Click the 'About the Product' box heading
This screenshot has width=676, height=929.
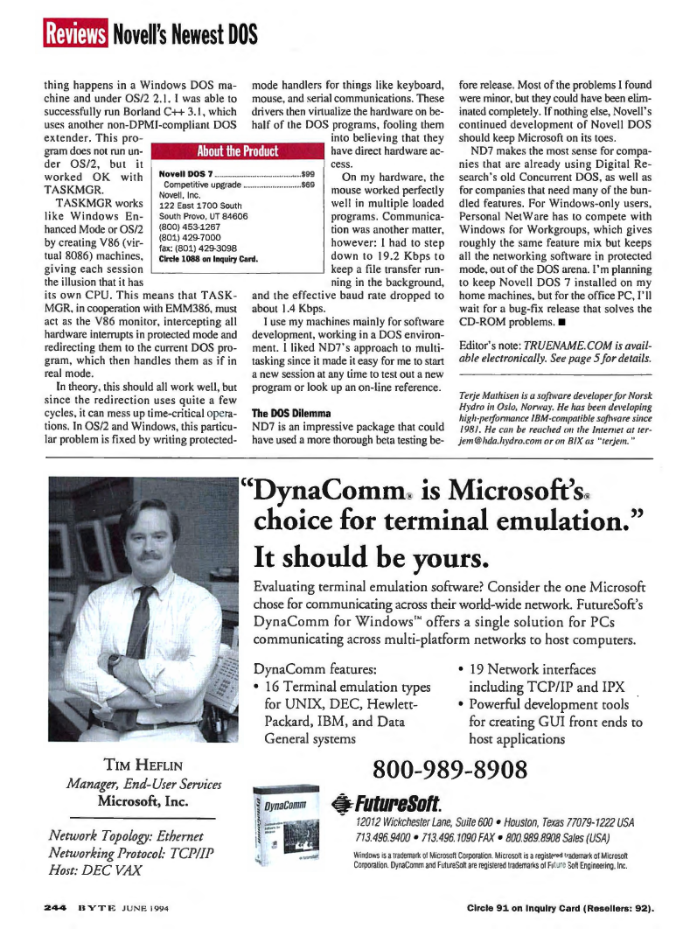coord(239,150)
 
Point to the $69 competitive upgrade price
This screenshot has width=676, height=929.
coord(307,185)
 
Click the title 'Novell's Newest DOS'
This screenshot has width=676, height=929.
coord(185,35)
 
